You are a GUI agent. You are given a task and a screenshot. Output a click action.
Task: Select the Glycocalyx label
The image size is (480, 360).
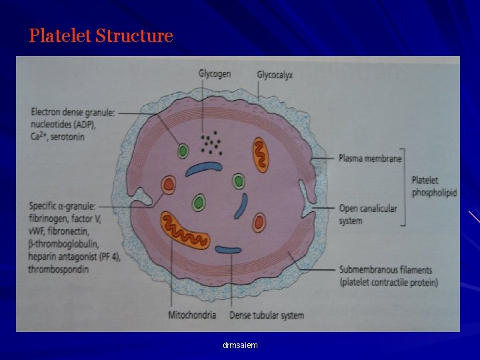(275, 75)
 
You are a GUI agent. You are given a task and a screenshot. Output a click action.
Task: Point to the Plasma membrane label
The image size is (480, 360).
(370, 159)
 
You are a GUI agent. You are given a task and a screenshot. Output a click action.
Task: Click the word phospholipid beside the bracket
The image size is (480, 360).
(434, 192)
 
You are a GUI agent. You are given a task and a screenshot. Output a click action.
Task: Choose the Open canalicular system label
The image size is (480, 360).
(367, 214)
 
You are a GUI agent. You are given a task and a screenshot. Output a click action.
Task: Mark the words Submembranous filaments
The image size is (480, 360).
(385, 270)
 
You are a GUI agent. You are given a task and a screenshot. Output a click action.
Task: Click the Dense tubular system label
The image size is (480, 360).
(267, 315)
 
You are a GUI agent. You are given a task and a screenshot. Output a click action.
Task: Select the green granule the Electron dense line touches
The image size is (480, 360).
(183, 151)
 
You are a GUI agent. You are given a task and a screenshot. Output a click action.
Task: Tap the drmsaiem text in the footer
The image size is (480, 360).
(240, 345)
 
